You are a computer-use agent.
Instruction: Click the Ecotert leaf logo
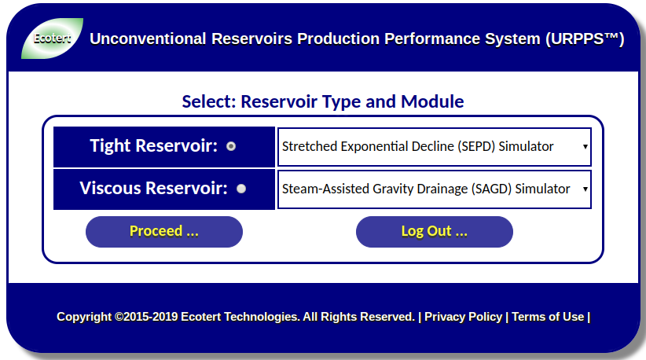point(52,39)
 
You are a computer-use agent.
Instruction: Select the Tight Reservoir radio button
point(231,146)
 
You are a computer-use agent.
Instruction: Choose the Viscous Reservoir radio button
point(241,189)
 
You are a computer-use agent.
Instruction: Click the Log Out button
point(435,232)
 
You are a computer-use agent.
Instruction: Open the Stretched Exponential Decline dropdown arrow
point(585,147)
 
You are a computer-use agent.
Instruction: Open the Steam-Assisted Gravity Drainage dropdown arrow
point(585,189)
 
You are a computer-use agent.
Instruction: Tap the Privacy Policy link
point(464,317)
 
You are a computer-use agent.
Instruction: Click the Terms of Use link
point(548,317)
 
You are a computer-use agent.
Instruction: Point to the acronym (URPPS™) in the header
point(585,39)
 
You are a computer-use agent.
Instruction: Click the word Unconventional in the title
point(148,39)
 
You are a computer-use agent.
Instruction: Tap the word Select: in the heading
point(209,101)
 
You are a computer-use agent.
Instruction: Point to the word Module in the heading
point(432,101)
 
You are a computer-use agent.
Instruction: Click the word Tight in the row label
point(110,146)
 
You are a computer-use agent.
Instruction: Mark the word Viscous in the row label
point(110,188)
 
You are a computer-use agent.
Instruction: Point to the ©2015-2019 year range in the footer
point(146,317)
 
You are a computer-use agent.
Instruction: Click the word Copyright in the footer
point(84,317)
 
